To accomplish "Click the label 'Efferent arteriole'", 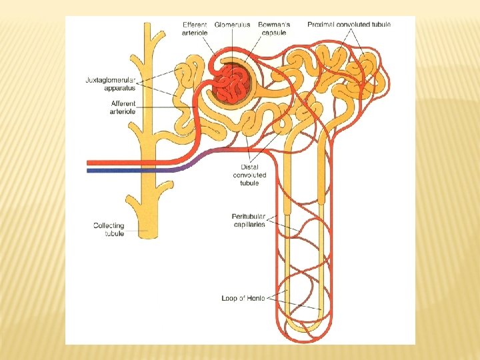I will pos(195,29).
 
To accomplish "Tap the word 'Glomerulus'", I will pos(233,25).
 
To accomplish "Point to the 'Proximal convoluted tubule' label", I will pos(349,25).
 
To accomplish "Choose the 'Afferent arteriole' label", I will pos(123,107).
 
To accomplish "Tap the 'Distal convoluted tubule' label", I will pos(249,175).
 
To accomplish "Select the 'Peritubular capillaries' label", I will pos(249,220).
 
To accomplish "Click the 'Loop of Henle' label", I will pos(243,298).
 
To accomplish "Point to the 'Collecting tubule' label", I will pos(109,230).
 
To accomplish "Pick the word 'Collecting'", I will pos(109,226).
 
